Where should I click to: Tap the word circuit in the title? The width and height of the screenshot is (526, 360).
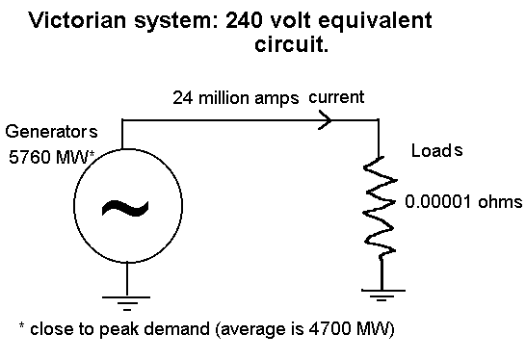tap(291, 44)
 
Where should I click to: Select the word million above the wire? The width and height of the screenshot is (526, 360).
tap(222, 98)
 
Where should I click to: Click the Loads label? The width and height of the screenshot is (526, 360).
tap(436, 151)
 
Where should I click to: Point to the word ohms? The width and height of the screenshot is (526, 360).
tap(503, 202)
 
